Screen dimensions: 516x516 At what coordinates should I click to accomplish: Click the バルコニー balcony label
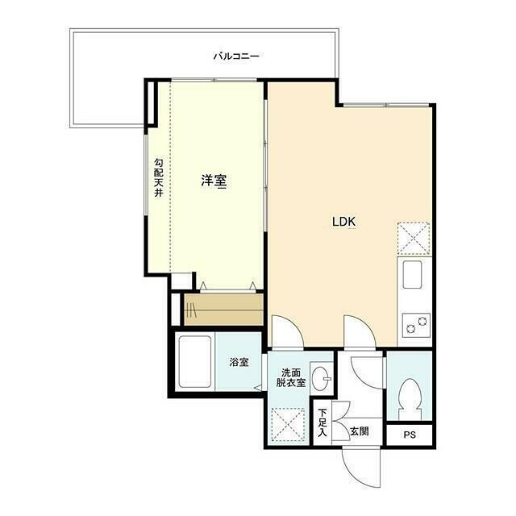click(x=236, y=56)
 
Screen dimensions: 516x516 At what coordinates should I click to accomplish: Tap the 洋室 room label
click(x=214, y=181)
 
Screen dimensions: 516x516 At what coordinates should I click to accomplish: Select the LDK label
click(x=344, y=222)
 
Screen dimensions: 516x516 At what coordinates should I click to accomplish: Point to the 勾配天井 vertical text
click(x=159, y=177)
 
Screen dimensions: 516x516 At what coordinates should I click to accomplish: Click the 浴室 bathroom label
click(x=239, y=362)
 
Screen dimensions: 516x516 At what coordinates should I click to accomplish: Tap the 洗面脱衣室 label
click(x=290, y=378)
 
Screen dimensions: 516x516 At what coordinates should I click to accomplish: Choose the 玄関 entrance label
click(x=360, y=431)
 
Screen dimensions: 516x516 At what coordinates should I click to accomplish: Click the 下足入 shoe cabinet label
click(x=322, y=422)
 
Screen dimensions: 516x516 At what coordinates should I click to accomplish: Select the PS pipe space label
click(x=410, y=435)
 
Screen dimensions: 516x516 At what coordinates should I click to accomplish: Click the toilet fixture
click(x=410, y=399)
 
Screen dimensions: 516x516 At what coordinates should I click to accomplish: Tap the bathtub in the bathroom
click(x=194, y=362)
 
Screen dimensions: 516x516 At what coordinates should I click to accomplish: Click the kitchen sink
click(x=413, y=274)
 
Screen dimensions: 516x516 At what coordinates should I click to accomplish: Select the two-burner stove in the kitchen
click(x=416, y=324)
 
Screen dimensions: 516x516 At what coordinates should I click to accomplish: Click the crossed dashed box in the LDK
click(x=414, y=239)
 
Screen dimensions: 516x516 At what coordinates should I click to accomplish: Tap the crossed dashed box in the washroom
click(x=289, y=425)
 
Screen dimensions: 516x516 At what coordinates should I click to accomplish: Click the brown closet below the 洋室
click(x=224, y=310)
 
